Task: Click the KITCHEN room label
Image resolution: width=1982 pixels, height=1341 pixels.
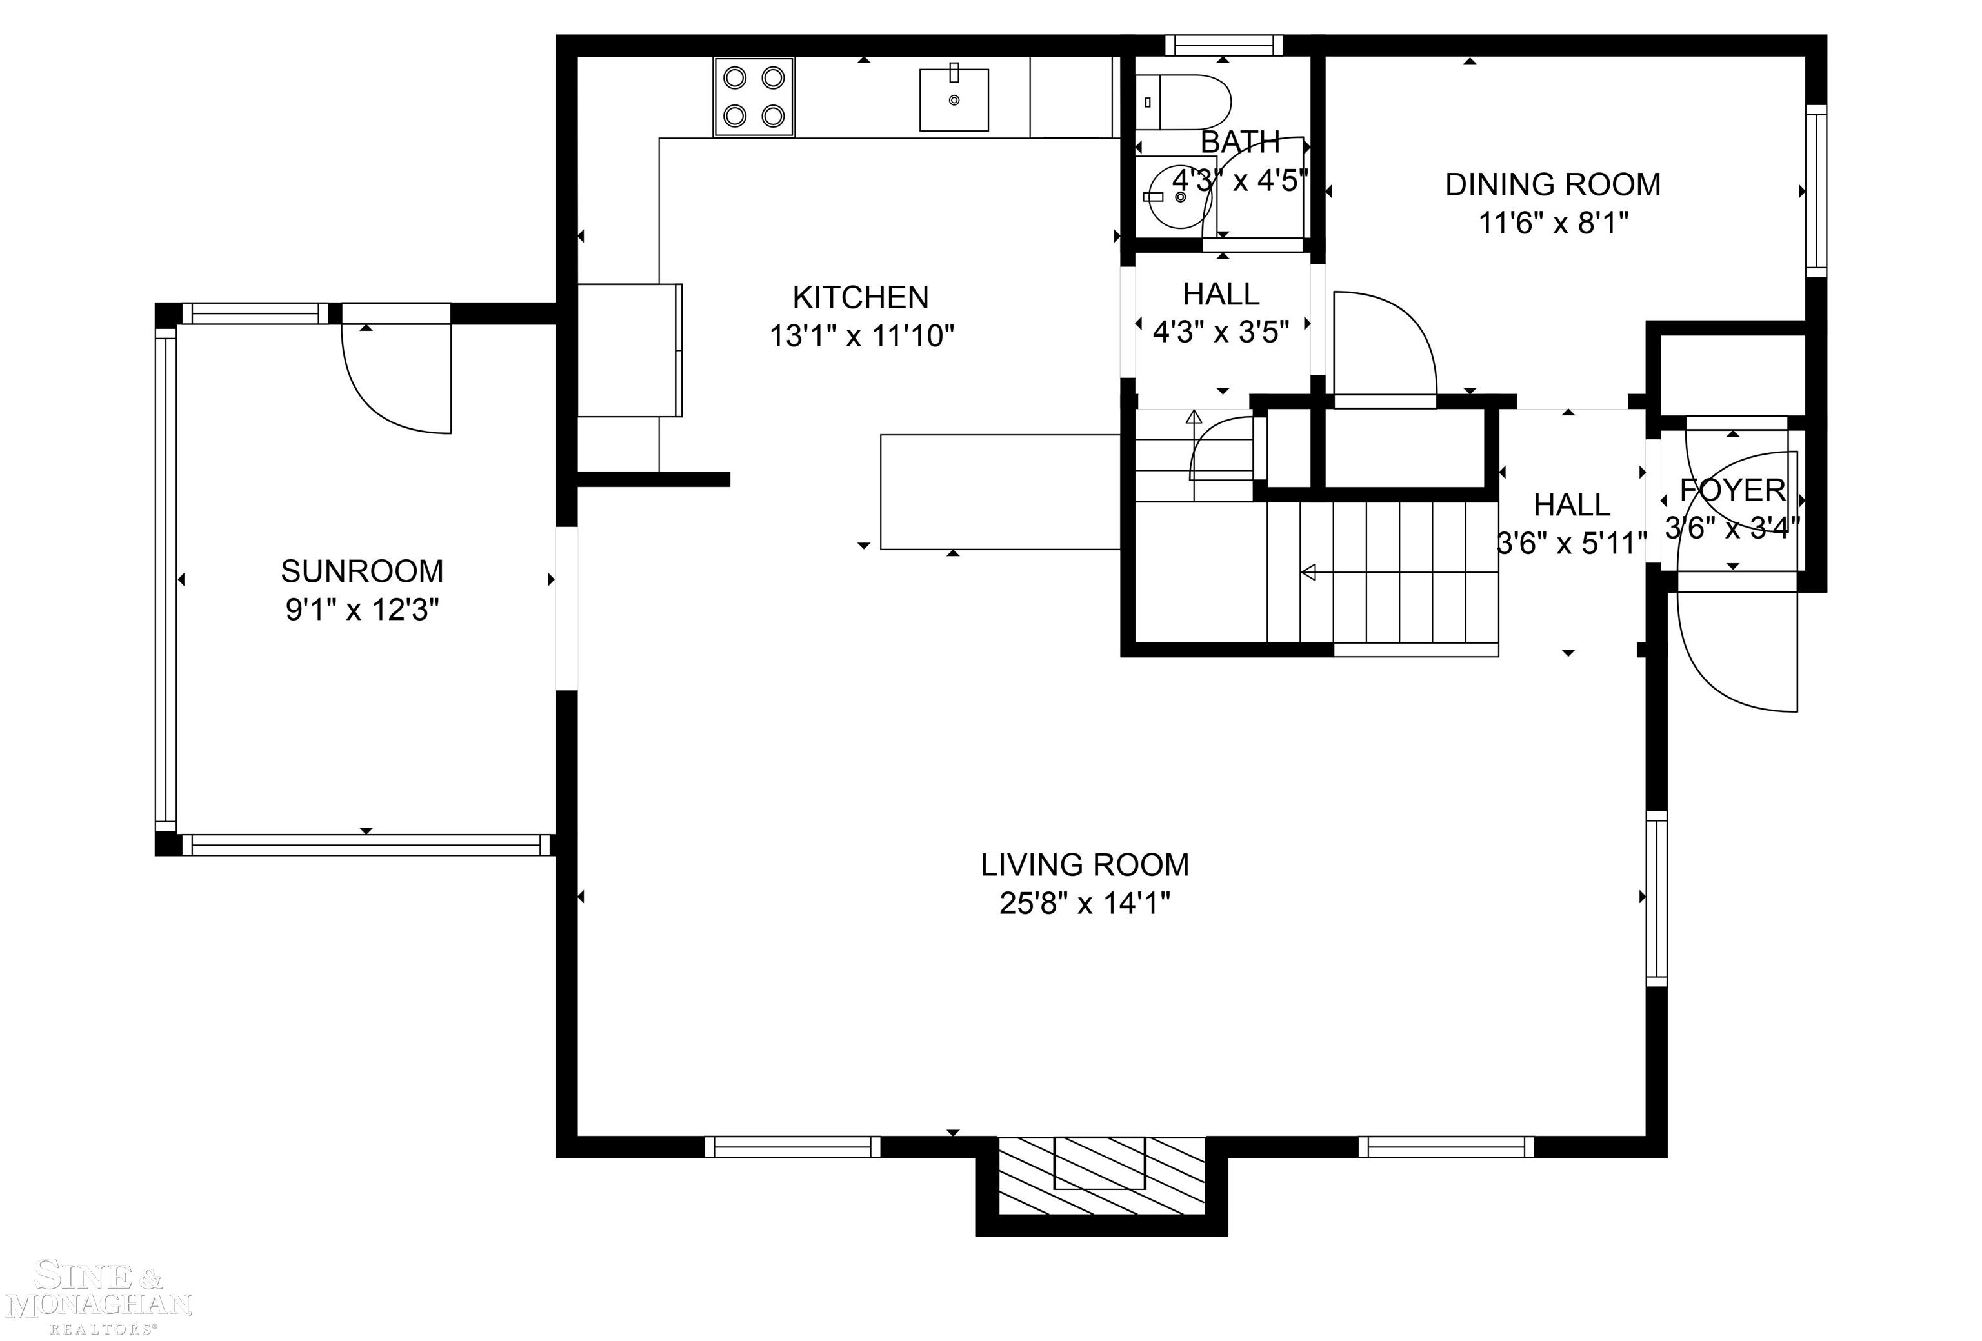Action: [x=861, y=297]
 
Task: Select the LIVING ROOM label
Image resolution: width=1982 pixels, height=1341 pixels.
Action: [x=1085, y=866]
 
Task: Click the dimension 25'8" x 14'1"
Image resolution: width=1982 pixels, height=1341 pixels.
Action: [x=1085, y=903]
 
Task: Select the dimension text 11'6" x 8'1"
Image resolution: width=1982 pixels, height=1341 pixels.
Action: [x=1553, y=223]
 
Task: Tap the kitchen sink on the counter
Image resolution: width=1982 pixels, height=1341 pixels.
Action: [x=954, y=100]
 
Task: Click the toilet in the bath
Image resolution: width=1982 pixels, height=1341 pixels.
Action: [x=1183, y=101]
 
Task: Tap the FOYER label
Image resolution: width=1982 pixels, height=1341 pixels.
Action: [x=1732, y=490]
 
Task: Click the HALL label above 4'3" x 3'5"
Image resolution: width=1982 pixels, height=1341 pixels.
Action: [x=1221, y=294]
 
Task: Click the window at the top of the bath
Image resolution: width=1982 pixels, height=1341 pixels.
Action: [x=1224, y=45]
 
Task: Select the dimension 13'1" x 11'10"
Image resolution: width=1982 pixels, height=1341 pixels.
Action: [x=861, y=336]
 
